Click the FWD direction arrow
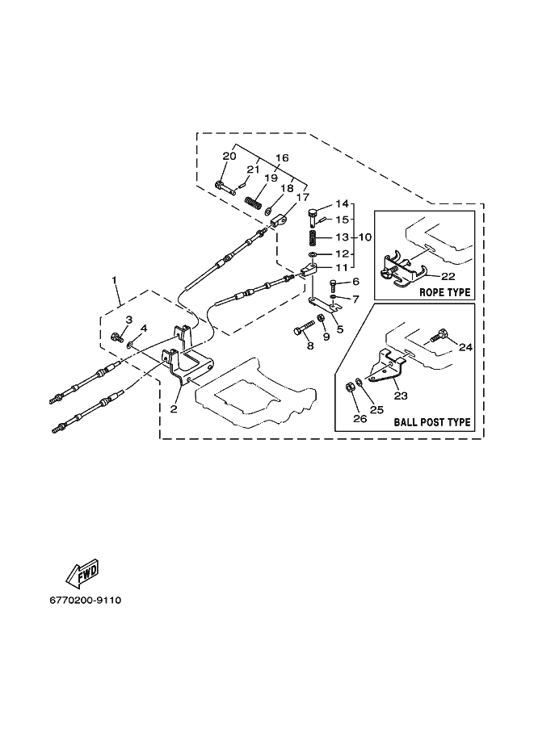(x=82, y=573)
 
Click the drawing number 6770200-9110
(x=85, y=601)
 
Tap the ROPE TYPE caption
(x=444, y=292)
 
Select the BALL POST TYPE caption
(x=432, y=421)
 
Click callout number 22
(x=448, y=276)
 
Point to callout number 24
(x=465, y=347)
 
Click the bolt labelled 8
(x=304, y=327)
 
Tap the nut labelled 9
(x=322, y=319)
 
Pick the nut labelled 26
(x=350, y=387)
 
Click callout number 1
(x=115, y=280)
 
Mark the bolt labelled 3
(x=116, y=337)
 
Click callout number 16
(x=282, y=158)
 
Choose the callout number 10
(x=365, y=237)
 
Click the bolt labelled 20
(x=225, y=187)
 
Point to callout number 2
(x=174, y=409)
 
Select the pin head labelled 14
(x=313, y=214)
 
